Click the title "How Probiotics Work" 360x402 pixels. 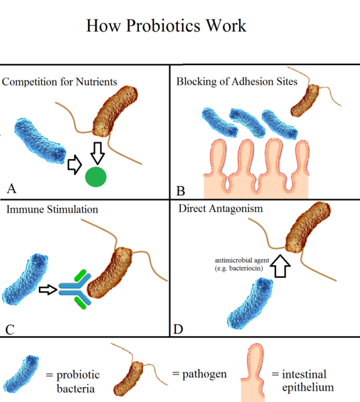pos(167,26)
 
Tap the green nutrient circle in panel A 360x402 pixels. pos(96,177)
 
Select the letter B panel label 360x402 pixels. pos(181,191)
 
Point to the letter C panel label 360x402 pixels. pos(10,329)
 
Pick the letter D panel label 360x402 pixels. pos(178,329)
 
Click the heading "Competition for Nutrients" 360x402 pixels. pos(60,82)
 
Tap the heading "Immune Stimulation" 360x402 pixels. pos(52,209)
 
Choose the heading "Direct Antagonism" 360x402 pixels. pos(221,208)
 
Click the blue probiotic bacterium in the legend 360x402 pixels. pos(22,374)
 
